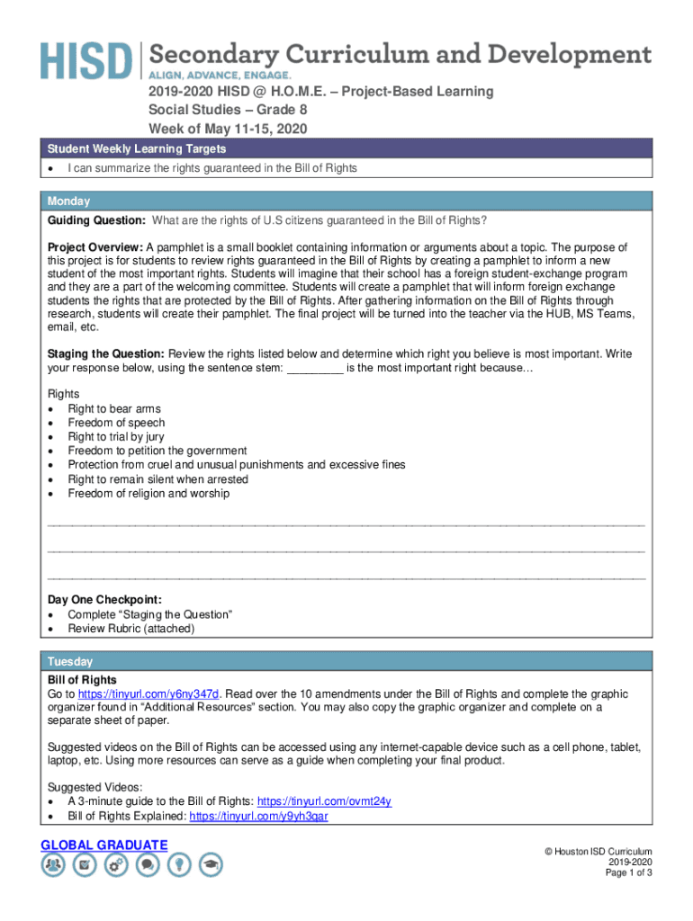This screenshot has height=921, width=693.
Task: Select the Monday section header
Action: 68,201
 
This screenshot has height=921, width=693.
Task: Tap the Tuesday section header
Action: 70,661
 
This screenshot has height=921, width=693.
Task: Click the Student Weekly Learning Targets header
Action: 137,148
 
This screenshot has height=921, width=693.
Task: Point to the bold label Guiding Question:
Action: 97,221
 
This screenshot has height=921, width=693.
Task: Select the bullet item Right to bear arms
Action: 114,408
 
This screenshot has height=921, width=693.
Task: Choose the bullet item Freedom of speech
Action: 116,423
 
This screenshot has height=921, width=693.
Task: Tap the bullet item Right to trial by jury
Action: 116,437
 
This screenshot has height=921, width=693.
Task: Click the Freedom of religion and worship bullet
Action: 148,493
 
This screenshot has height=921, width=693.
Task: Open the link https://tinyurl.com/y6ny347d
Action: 148,694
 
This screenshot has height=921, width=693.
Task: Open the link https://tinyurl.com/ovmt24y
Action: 324,801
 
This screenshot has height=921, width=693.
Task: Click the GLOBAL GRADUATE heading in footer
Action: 104,845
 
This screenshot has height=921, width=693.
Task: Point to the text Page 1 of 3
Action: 628,873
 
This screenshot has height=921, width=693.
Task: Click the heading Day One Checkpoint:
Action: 104,600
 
